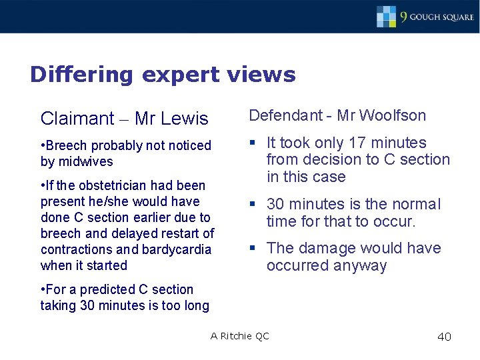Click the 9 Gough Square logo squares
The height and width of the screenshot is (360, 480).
[387, 16]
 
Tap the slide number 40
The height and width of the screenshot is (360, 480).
[444, 337]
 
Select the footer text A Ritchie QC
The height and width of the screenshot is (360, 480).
[239, 336]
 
